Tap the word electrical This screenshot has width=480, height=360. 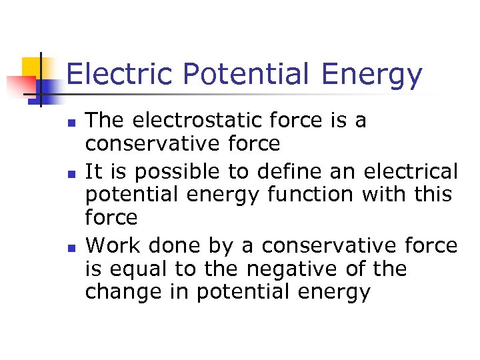pos(411,172)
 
